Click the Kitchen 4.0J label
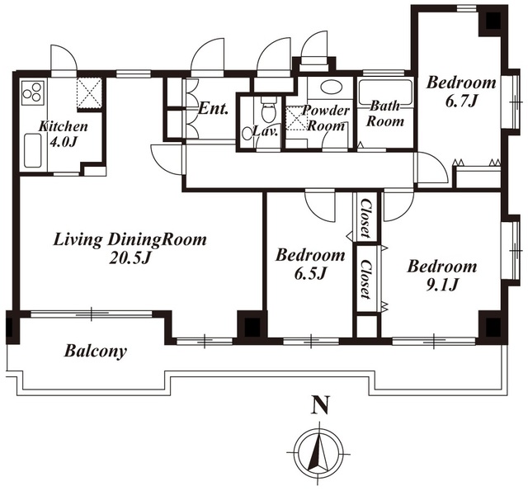pyautogui.click(x=64, y=134)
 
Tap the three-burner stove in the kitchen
pyautogui.click(x=33, y=92)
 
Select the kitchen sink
pyautogui.click(x=33, y=150)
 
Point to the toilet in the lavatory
pyautogui.click(x=269, y=110)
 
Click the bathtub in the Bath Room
pyautogui.click(x=385, y=92)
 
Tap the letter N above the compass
pyautogui.click(x=320, y=404)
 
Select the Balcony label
pyautogui.click(x=96, y=352)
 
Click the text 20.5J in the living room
pyautogui.click(x=130, y=258)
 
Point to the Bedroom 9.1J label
pyautogui.click(x=442, y=275)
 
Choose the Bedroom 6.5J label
pyautogui.click(x=310, y=264)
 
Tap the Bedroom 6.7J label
pyautogui.click(x=461, y=91)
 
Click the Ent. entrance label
pyautogui.click(x=214, y=108)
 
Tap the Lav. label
pyautogui.click(x=266, y=131)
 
